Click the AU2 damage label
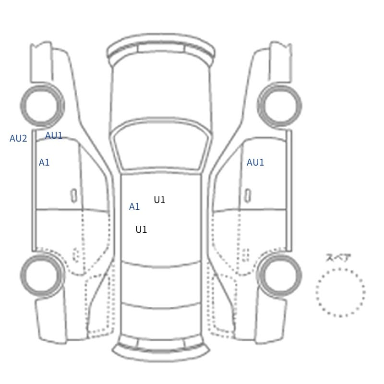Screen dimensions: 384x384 (18, 139)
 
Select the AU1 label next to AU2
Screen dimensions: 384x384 (54, 135)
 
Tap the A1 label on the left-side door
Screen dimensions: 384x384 (44, 162)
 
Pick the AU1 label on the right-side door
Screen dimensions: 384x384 (255, 162)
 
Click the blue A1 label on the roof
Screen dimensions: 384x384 (134, 207)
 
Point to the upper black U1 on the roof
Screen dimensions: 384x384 (159, 200)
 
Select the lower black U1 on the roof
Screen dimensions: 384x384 (141, 230)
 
